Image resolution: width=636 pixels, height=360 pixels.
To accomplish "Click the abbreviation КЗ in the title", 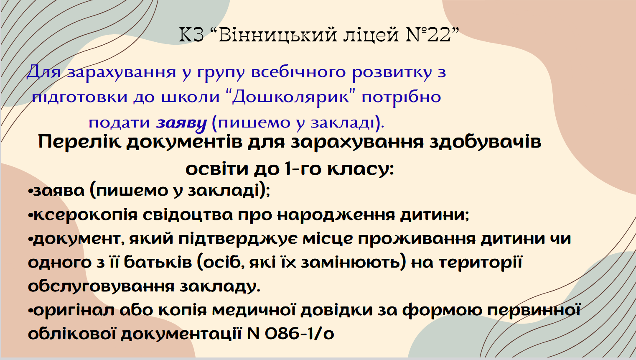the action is point(192,35).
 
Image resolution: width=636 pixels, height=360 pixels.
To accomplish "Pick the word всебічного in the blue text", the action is point(298,72).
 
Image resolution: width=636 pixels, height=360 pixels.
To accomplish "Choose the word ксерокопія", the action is point(86,215).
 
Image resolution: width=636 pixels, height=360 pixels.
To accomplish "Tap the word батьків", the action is point(158,262).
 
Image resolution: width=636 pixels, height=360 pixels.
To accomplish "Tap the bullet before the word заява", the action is point(31,191).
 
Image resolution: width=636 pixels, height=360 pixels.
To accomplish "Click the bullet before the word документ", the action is point(31,239).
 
